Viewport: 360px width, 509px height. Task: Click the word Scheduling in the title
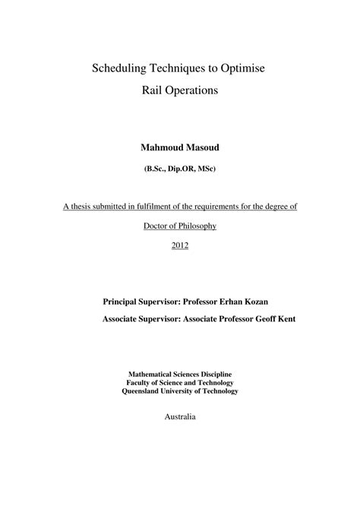coord(121,68)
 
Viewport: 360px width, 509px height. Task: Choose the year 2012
coord(180,245)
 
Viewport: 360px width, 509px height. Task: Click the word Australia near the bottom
coord(180,417)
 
